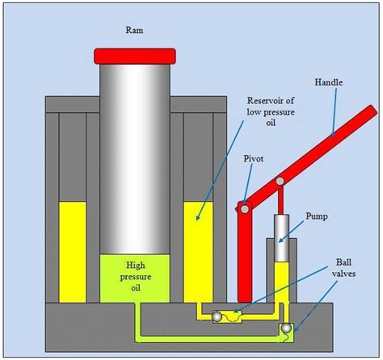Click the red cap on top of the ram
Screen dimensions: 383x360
[135, 57]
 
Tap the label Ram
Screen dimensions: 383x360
[134, 30]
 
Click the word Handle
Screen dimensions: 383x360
[329, 82]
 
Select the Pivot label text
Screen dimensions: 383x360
[254, 159]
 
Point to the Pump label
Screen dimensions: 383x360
[317, 216]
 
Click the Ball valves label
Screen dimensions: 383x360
[343, 268]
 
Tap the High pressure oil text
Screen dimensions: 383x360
[136, 277]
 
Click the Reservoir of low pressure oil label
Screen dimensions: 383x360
[271, 111]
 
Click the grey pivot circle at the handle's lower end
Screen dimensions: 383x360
[245, 209]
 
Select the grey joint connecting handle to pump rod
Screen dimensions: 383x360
[280, 181]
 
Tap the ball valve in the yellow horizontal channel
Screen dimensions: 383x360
[217, 317]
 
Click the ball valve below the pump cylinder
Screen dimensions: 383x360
[286, 328]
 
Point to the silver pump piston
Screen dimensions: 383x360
[281, 238]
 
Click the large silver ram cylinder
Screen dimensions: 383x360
[135, 159]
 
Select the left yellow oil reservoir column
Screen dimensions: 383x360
[73, 252]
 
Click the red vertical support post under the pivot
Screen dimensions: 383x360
[245, 256]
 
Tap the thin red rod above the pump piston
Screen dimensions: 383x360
[280, 200]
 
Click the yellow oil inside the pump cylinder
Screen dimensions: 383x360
[281, 283]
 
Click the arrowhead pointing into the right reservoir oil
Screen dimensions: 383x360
[198, 218]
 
